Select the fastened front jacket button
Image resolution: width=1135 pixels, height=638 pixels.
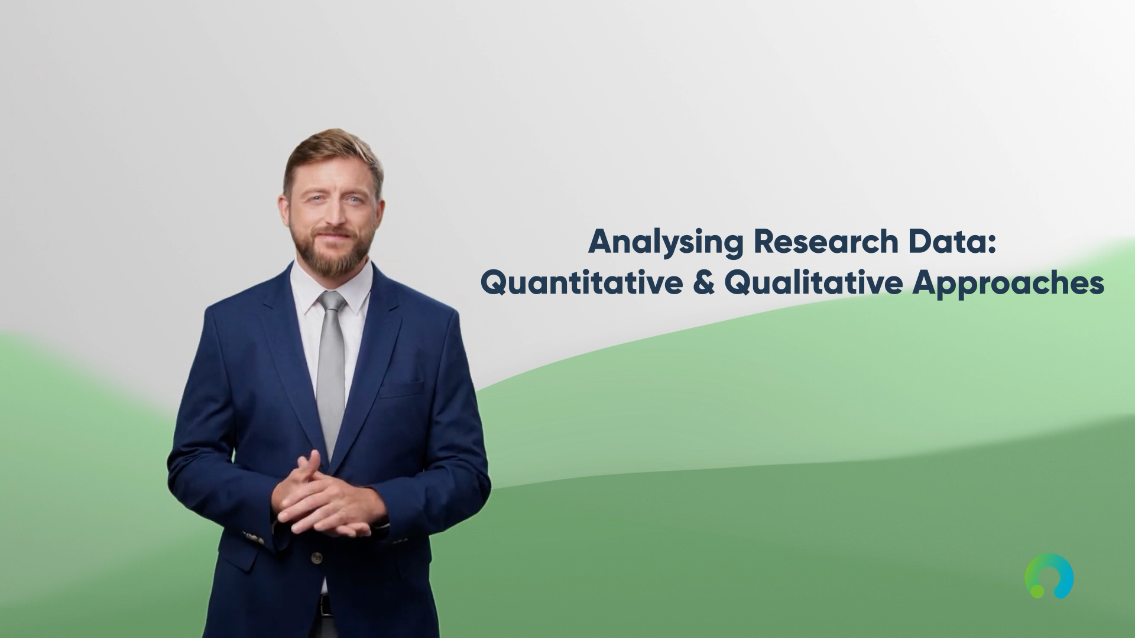point(317,557)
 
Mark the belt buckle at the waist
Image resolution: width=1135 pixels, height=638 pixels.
point(324,605)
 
